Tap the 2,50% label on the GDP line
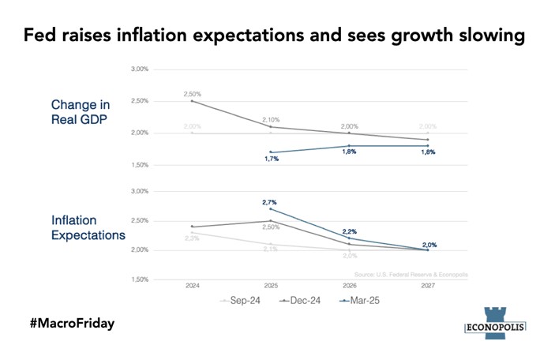click(193, 95)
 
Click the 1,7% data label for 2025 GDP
click(271, 159)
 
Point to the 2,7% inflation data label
click(271, 202)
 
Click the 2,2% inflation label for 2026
click(350, 231)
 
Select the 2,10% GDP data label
click(271, 119)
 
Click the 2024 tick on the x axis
click(192, 286)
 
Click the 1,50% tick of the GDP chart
click(139, 166)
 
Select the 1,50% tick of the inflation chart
click(139, 279)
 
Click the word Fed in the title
click(39, 36)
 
